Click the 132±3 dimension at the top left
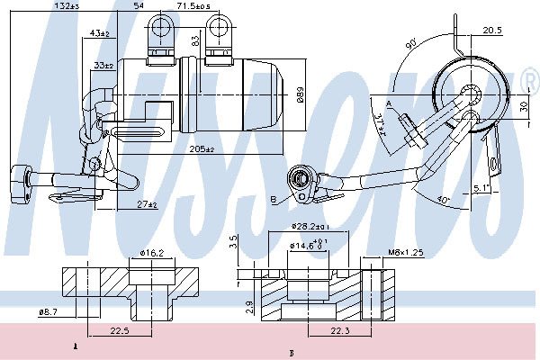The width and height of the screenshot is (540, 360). tap(67, 6)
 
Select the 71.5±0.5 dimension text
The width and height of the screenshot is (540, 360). tap(193, 6)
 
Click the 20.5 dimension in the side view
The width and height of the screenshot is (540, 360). tap(491, 31)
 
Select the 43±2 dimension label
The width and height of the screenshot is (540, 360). tap(101, 34)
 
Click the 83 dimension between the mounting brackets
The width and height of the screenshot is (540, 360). tap(193, 39)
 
